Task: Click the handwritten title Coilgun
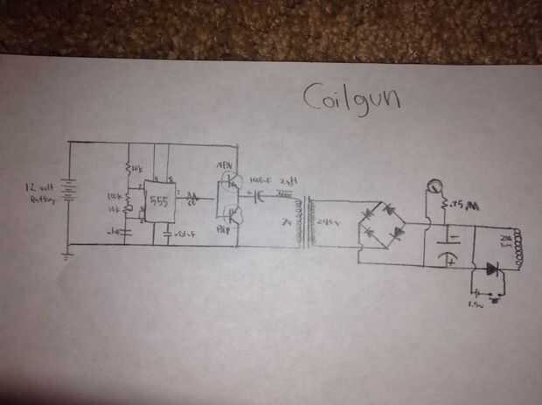[351, 97]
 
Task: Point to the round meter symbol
[433, 186]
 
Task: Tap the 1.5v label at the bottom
[477, 306]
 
